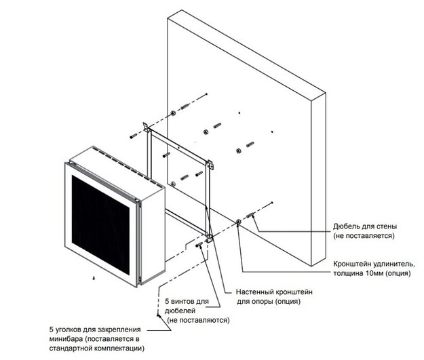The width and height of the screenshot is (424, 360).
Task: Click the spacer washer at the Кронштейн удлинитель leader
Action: (239, 222)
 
